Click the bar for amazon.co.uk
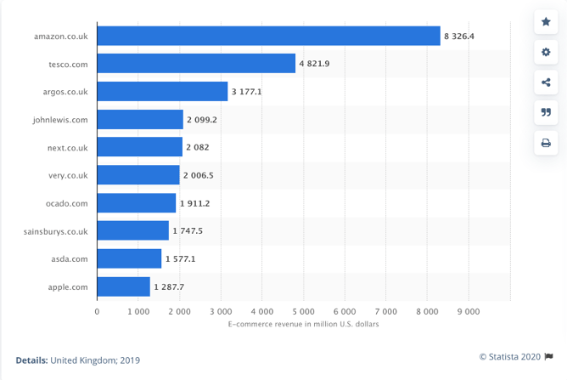click(268, 36)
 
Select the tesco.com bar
click(196, 64)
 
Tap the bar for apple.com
click(123, 286)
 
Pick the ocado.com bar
click(136, 203)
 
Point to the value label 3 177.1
click(246, 92)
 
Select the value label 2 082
click(196, 147)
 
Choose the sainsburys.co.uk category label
click(57, 231)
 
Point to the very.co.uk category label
click(68, 175)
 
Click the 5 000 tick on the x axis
click(303, 312)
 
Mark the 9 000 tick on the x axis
click(469, 312)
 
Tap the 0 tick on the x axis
click(97, 312)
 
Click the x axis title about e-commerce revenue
click(303, 324)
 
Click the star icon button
click(546, 22)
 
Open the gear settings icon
click(546, 53)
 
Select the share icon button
click(546, 82)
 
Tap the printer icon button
click(546, 142)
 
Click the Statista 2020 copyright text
click(510, 357)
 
